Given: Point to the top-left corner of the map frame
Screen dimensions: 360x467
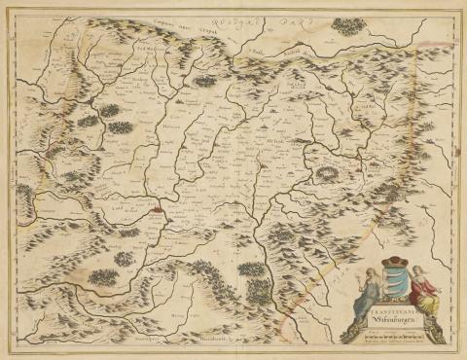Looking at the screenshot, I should (x=12, y=11).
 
